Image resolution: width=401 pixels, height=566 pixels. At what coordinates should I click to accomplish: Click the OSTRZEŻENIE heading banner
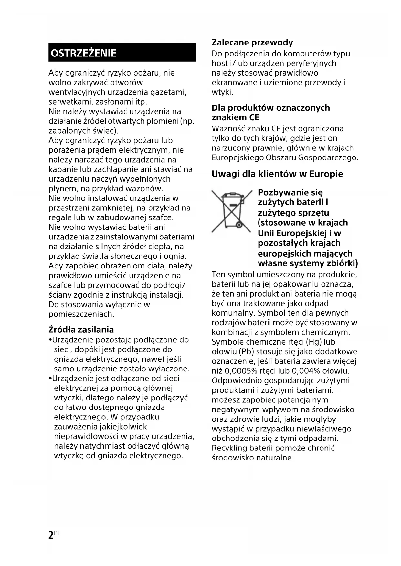pos(122,52)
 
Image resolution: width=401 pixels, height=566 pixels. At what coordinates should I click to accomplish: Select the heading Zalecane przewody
pos(252,43)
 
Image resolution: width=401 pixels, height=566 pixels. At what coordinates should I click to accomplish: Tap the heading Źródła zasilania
pos(81,329)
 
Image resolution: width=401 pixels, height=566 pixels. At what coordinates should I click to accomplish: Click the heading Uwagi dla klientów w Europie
pos(277,174)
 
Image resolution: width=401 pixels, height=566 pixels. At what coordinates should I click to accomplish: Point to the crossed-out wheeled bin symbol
pos(231,211)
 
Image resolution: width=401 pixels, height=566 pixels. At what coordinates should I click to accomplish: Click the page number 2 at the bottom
pos(51,536)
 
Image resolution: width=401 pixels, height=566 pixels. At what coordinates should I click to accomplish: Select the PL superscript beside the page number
pos(57,533)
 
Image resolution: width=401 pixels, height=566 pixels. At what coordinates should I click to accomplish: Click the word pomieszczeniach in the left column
pos(81,314)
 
